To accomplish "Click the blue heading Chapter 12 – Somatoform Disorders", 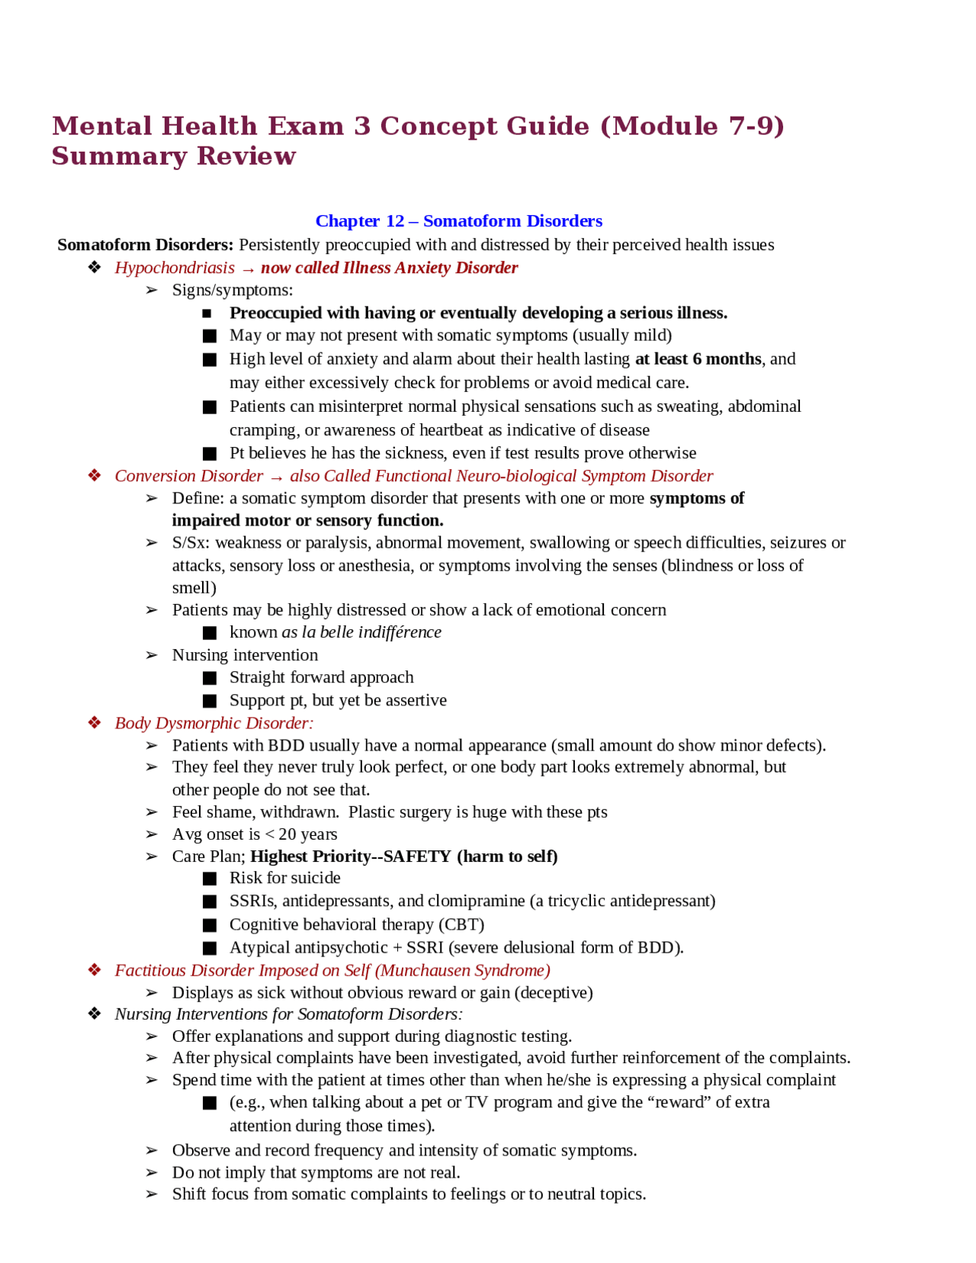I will coord(458,221).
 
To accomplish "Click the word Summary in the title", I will coord(119,156).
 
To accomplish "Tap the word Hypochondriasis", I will coord(175,268).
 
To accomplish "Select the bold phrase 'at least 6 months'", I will coord(698,358).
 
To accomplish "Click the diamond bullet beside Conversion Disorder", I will coord(95,476).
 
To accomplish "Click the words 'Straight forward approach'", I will coord(321,677).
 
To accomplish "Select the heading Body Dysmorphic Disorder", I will coord(213,723).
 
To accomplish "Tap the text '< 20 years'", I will coord(300,834).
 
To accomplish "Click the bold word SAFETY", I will coord(417,856).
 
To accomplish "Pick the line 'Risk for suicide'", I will coord(284,878).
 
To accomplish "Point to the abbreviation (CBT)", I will coord(461,924).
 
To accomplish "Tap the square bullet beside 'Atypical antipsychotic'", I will coord(210,948).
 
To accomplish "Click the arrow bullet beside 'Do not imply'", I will coord(152,1172).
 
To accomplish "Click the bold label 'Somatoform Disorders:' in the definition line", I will coord(145,245).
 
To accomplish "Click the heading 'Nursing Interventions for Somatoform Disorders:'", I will coord(288,1014).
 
